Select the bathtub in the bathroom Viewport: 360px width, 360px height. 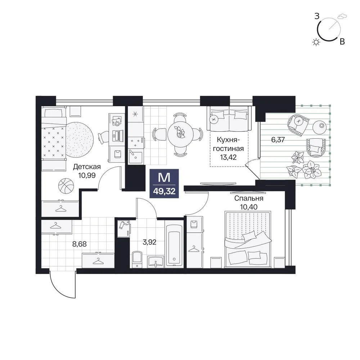[174, 246]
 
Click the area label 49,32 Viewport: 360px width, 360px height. [164, 191]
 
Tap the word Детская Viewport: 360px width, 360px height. [87, 167]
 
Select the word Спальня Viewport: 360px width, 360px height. [249, 198]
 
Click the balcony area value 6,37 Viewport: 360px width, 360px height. [278, 140]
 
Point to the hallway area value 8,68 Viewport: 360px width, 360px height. [80, 244]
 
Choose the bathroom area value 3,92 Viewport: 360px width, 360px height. [149, 242]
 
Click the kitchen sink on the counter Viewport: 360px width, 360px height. [135, 156]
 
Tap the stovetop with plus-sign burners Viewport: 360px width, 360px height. [136, 142]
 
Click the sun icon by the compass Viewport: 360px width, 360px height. [316, 42]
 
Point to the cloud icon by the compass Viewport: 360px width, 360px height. [342, 17]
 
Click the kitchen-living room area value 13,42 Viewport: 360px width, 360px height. [228, 157]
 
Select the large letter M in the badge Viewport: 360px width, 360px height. [164, 178]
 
